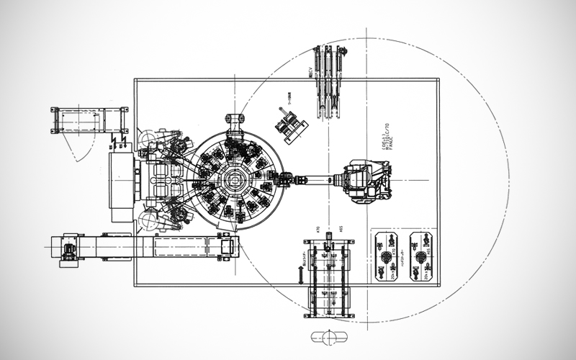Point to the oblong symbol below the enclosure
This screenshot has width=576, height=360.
coord(329,336)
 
